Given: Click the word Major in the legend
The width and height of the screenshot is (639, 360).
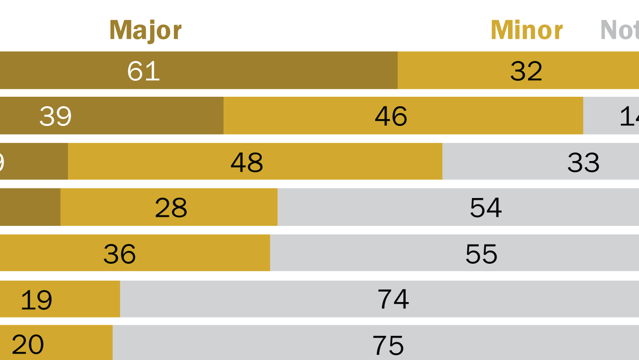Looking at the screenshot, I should point(145,31).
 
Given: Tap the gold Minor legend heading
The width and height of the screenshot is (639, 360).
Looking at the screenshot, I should point(526,31).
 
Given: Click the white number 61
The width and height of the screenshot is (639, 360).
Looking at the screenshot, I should point(143,71).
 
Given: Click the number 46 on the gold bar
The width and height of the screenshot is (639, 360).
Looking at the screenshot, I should point(391,116).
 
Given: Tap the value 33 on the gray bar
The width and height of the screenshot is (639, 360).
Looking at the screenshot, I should point(583,162).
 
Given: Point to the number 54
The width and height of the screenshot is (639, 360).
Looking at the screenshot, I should point(486,208).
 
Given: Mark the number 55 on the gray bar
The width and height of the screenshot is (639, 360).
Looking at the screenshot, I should point(481,254).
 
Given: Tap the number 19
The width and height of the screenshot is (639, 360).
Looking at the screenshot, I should point(37,300).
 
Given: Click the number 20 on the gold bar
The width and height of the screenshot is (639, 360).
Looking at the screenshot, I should point(27,344).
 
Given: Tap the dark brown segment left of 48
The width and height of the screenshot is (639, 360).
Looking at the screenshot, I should point(34,162).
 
